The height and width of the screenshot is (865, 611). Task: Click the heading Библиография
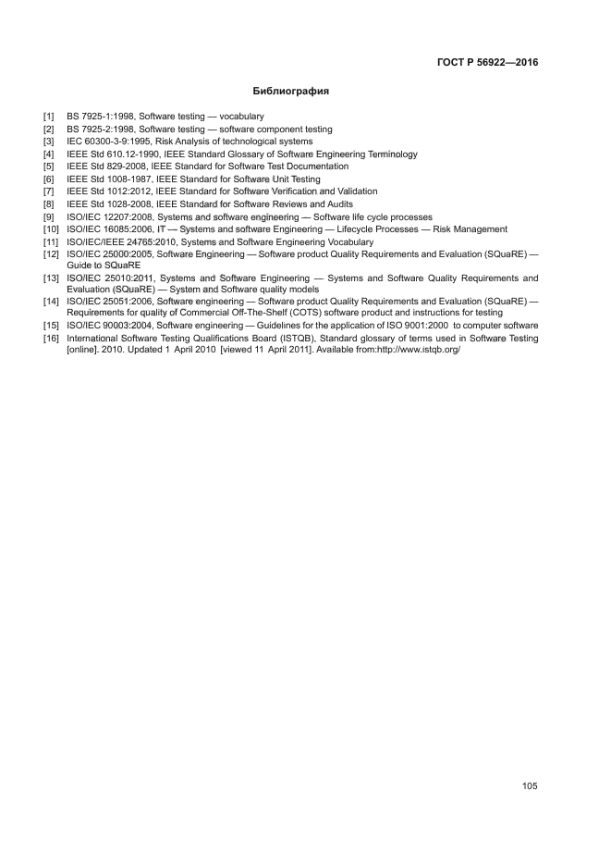pyautogui.click(x=291, y=92)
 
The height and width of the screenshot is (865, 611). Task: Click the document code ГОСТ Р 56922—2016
pyautogui.click(x=487, y=62)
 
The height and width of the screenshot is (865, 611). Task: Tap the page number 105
pyautogui.click(x=530, y=786)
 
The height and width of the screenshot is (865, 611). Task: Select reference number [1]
pyautogui.click(x=49, y=116)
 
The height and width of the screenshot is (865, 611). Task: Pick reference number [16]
pyautogui.click(x=51, y=339)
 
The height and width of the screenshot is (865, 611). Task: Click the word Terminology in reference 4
pyautogui.click(x=392, y=154)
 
